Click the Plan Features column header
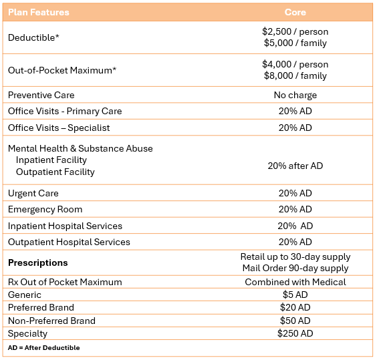coord(39,12)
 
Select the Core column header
coord(295,12)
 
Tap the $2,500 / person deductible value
coord(295,31)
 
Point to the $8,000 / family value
coord(295,75)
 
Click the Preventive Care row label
coord(41,95)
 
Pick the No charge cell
coord(295,95)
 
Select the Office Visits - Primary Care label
coord(65,111)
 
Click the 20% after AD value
coord(295,166)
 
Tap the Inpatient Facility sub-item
coord(51,160)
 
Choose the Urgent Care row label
coord(33,193)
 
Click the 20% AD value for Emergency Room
coord(295,209)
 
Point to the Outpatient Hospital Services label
coord(69,242)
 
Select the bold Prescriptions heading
coord(38,262)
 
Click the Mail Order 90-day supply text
coord(295,268)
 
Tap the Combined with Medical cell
coord(295,282)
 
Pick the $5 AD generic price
coord(295,295)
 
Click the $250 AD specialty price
coord(295,333)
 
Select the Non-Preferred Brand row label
coord(51,321)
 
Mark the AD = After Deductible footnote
coord(43,347)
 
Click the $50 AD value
coord(295,321)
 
